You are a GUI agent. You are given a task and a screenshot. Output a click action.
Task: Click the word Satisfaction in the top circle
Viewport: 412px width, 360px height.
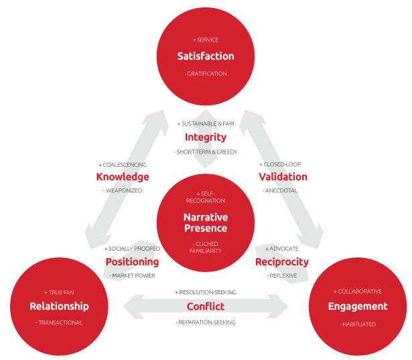[x=206, y=56]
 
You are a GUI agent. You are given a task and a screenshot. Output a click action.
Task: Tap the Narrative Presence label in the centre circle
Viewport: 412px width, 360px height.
[x=206, y=223]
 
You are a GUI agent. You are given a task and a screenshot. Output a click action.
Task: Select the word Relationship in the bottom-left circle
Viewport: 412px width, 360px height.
[x=59, y=306]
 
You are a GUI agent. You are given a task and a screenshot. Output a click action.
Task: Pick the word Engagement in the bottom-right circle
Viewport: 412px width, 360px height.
[x=358, y=306]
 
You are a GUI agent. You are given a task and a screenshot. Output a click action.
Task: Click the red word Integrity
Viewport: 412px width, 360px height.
[x=206, y=137]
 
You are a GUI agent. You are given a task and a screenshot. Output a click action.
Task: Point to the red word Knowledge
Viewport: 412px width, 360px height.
[x=123, y=177]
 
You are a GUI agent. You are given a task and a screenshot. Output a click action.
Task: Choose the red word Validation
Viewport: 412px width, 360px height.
[x=283, y=177]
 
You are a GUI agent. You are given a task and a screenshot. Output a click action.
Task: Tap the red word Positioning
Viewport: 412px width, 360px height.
[x=132, y=261]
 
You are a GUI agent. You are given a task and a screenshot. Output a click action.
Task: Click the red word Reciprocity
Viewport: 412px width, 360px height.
[x=282, y=261]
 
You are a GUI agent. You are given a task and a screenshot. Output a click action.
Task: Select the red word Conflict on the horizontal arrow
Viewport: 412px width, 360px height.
[x=206, y=306]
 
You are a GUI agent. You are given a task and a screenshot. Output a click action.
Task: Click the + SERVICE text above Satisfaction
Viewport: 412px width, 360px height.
[x=206, y=40]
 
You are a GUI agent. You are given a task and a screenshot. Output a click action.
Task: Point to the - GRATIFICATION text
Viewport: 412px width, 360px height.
[x=206, y=74]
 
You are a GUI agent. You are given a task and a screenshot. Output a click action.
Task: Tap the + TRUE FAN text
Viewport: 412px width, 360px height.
[x=59, y=292]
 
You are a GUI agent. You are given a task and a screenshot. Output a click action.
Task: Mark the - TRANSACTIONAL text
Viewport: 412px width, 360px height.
[x=59, y=322]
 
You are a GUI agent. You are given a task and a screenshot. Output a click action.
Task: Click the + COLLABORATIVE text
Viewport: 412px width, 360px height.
[x=358, y=292]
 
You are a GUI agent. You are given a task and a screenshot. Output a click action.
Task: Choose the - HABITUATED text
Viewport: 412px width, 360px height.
[x=358, y=324]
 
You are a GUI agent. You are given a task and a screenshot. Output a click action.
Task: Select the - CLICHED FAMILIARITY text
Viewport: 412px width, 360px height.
[x=206, y=247]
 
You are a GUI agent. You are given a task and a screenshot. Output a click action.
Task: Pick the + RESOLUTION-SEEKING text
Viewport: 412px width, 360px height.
[x=206, y=292]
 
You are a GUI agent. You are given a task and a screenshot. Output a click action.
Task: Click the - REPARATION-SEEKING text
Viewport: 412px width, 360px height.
[x=206, y=322]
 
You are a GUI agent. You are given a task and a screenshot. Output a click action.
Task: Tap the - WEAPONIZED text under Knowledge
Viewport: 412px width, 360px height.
[x=123, y=191]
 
